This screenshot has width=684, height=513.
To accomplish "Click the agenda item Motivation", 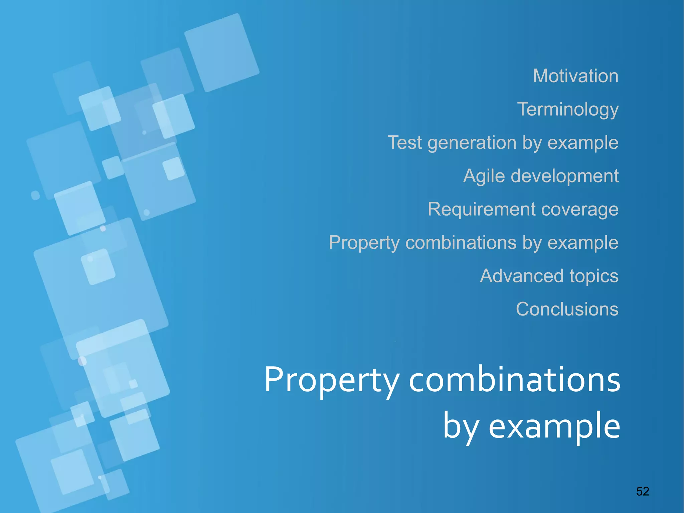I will click(575, 76).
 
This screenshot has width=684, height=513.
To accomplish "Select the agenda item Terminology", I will click(568, 109).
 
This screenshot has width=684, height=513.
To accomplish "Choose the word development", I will click(565, 176).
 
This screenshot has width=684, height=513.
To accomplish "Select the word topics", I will click(594, 277).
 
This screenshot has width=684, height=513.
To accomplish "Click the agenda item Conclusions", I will click(567, 309).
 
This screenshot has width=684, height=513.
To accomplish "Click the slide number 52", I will click(642, 491).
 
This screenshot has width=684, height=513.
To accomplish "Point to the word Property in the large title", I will click(332, 380).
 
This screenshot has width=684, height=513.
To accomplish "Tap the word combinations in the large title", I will click(514, 380).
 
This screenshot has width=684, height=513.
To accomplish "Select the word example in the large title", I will click(554, 426).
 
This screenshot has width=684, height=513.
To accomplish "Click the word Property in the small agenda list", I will click(364, 243).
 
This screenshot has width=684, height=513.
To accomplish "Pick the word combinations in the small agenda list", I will click(461, 243).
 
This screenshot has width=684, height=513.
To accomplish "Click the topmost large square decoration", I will click(222, 53).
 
